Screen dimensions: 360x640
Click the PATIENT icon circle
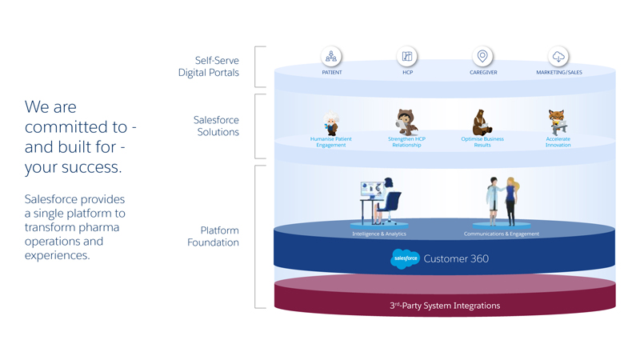click(x=331, y=56)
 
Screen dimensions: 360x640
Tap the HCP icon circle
click(x=406, y=56)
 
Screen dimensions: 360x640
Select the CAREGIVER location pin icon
click(x=482, y=56)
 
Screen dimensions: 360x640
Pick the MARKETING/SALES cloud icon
click(x=558, y=56)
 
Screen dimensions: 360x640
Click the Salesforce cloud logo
click(x=405, y=258)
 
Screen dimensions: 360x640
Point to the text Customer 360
click(x=456, y=258)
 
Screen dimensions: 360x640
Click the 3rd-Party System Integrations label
click(x=444, y=306)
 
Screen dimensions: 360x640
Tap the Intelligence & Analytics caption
click(x=379, y=234)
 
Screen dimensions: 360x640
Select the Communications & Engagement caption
click(x=502, y=234)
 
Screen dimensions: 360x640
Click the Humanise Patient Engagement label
click(x=331, y=142)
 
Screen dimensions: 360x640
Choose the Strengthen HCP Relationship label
click(x=406, y=142)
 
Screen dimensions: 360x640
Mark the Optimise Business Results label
click(x=482, y=142)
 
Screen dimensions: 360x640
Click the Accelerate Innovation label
click(x=558, y=142)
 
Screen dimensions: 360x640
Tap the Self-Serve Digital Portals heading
click(x=209, y=66)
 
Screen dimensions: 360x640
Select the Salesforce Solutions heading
click(x=216, y=126)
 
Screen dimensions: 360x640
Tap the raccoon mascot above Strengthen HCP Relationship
click(x=406, y=122)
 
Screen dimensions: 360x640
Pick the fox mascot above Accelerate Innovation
click(x=558, y=122)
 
